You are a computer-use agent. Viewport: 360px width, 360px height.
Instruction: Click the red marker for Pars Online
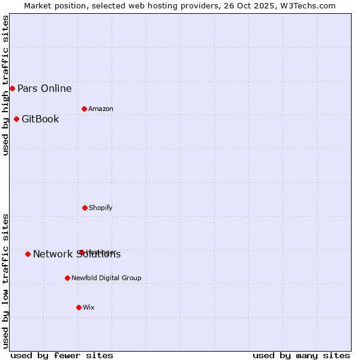point(12,89)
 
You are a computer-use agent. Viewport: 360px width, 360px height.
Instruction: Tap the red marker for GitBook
point(16,119)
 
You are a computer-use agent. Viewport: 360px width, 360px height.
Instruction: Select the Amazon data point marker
point(84,109)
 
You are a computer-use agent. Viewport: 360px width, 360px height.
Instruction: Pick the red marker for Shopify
point(85,208)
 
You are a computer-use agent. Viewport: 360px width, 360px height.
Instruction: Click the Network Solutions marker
point(28,254)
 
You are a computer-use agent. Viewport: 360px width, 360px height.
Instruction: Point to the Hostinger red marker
point(82,252)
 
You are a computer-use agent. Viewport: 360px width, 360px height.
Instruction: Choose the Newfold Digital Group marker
point(67,278)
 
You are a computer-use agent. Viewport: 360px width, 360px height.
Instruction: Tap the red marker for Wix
point(79,307)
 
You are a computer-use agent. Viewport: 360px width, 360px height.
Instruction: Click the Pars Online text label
point(44,89)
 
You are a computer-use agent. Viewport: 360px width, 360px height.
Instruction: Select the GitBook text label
point(40,119)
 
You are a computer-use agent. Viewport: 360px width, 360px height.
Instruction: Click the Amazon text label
point(101,109)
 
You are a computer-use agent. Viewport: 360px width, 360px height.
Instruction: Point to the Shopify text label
point(101,208)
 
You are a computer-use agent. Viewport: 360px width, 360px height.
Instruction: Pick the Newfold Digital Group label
point(106,278)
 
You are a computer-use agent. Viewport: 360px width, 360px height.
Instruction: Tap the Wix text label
point(89,307)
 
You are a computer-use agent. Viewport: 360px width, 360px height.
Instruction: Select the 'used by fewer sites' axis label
point(62,355)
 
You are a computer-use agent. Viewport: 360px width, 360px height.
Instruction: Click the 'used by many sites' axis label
point(301,355)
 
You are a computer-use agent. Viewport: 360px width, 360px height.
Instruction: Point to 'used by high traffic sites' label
point(5,85)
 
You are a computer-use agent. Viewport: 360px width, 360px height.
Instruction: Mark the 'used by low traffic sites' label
point(5,280)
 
